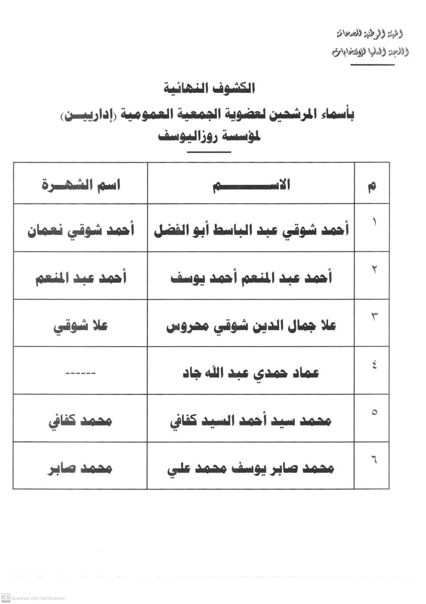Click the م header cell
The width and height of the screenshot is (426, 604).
click(372, 186)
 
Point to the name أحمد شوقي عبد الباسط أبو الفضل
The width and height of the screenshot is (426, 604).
click(251, 229)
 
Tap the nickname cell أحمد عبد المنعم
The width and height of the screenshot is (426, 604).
click(81, 278)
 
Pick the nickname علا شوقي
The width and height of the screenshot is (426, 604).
click(81, 326)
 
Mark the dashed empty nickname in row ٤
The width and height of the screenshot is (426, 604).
click(81, 373)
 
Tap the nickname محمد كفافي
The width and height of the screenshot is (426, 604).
click(81, 421)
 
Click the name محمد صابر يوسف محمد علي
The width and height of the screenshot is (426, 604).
click(251, 468)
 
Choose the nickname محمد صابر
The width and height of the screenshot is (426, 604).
click(81, 468)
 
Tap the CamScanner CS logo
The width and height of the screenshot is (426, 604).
click(6, 598)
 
